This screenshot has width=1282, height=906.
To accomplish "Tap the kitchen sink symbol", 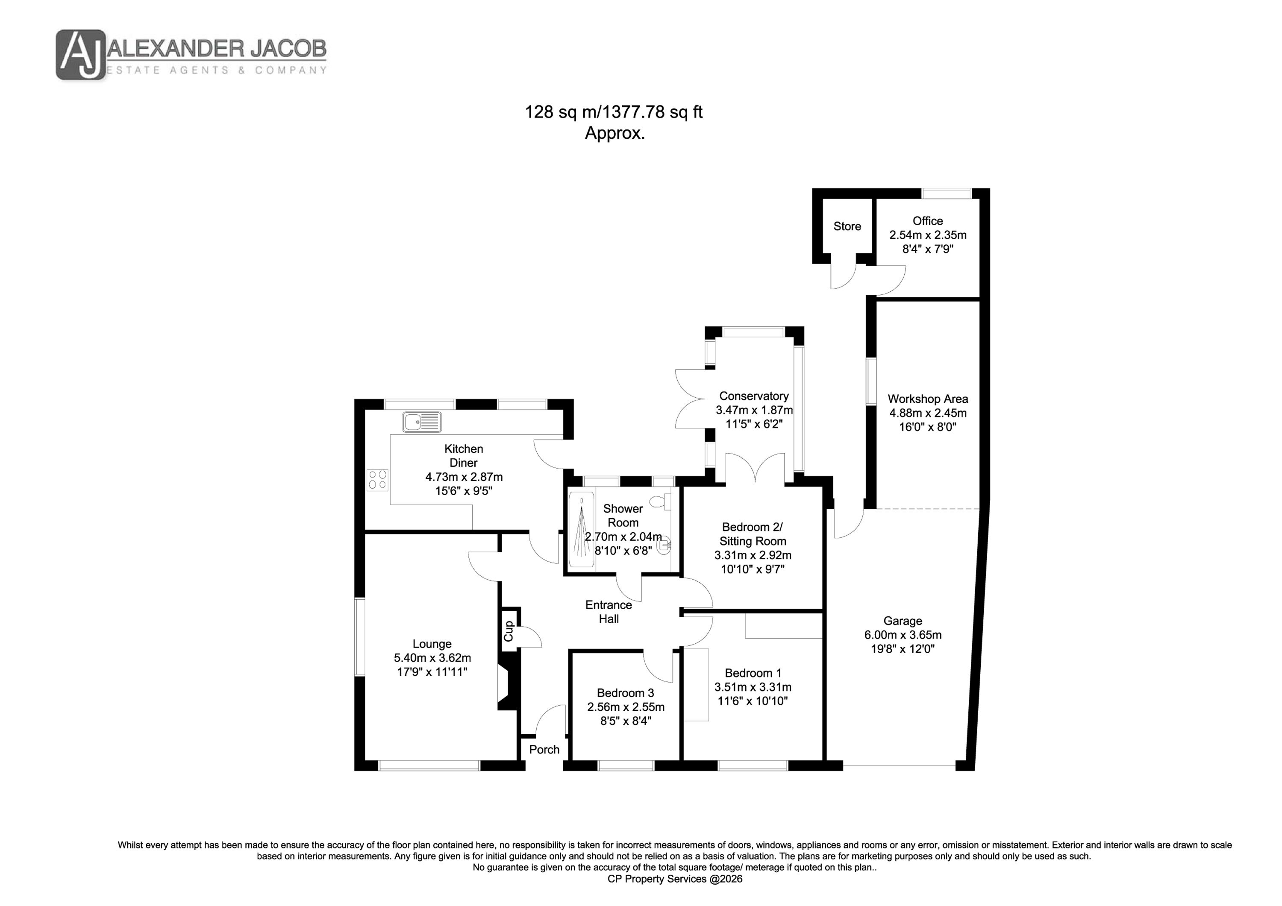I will pos(421,422).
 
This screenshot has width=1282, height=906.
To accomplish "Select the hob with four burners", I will pos(377,480).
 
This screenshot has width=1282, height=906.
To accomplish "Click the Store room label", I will pos(847,226).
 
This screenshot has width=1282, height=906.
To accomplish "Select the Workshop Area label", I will pos(927,399).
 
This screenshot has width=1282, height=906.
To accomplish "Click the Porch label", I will pos(544,750).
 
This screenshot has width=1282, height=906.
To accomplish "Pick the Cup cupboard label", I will pos(509,631).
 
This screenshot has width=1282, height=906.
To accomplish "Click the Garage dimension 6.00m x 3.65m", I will pos(902,635).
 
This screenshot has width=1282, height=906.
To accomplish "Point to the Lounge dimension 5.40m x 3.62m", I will pos(432,657).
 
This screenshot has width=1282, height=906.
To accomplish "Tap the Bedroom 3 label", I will pos(625,693).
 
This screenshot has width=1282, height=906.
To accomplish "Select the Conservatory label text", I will pos(754,396).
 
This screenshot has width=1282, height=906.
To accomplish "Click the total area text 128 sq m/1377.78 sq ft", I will pos(613,112).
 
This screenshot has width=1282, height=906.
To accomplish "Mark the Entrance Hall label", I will pos(609,612).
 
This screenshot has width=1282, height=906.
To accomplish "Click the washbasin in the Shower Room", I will pos(665,545).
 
